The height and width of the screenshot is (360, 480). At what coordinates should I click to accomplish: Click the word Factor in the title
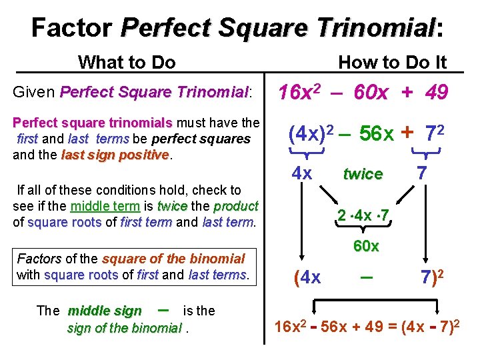[71, 27]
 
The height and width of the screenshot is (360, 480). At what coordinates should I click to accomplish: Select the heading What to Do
[127, 63]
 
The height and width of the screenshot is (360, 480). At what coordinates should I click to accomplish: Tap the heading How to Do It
[392, 63]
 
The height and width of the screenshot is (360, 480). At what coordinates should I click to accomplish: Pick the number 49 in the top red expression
[436, 92]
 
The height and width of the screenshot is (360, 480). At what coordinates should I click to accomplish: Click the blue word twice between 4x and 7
[363, 174]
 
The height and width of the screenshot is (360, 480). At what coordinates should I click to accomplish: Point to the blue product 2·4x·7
[363, 217]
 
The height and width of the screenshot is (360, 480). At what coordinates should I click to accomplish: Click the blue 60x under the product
[366, 246]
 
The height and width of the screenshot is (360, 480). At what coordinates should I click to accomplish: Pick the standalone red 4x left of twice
[302, 173]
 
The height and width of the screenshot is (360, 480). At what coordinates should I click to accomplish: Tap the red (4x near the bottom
[307, 277]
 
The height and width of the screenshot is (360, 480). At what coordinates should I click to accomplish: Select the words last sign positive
[115, 155]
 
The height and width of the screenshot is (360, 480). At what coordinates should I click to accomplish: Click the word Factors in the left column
[39, 259]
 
